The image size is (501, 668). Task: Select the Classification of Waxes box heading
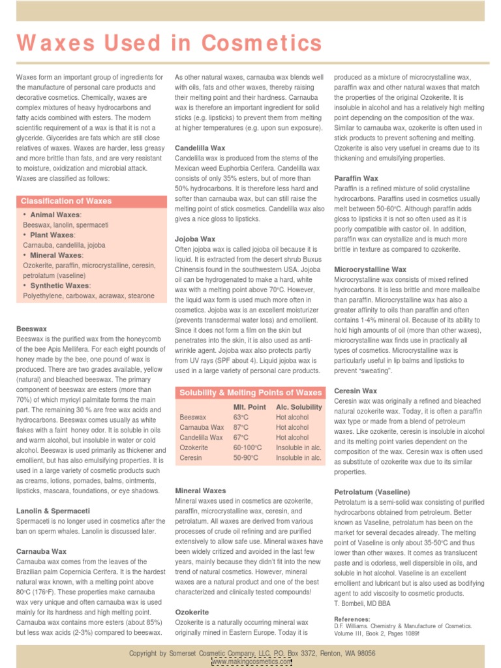66,201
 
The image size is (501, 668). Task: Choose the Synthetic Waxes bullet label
59,286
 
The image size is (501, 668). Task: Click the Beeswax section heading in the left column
31,329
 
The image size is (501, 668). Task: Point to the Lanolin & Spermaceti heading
53,511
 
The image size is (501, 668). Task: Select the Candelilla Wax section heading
200,149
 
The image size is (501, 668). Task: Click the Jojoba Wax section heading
195,239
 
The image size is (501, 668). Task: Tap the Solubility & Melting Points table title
250,393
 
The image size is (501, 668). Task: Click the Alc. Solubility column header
299,407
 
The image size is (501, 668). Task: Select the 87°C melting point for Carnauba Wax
241,427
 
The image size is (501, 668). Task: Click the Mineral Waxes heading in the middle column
201,491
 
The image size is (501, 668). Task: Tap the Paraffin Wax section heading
356,178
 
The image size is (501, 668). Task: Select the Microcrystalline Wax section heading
370,269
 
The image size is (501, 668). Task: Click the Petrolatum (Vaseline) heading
372,492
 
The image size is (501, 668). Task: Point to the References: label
352,618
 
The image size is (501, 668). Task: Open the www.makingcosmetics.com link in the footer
251,661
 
